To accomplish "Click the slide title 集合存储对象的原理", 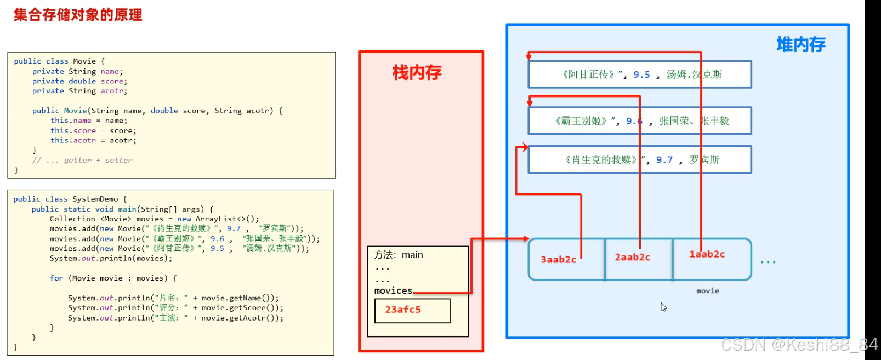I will point(78,15).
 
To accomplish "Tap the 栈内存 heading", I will point(417,72).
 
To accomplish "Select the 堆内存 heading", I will point(800,44).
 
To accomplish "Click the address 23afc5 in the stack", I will point(403,310).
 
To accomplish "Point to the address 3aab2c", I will point(558,260).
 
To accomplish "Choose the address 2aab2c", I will point(632,257).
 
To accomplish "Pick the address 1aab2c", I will point(707,254).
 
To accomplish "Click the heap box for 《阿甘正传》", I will point(639,75).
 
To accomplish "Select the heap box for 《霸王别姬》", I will point(639,121).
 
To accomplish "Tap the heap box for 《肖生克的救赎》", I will point(639,160).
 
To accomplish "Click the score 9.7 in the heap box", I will point(664,160).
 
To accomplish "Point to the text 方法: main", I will point(399,255).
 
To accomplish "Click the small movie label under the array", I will point(707,291).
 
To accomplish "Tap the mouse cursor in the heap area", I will point(663,307).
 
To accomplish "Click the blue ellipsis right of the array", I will point(768,262).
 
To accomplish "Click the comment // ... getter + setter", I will point(82,160).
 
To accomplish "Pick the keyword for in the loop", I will point(56,278).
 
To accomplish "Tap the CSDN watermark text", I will point(799,345).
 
